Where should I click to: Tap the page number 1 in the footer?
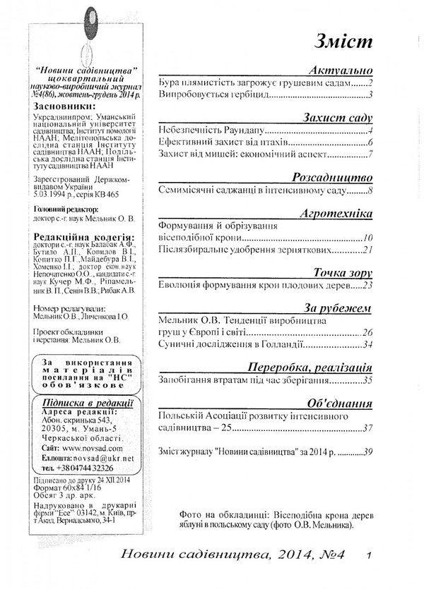point(369,556)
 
